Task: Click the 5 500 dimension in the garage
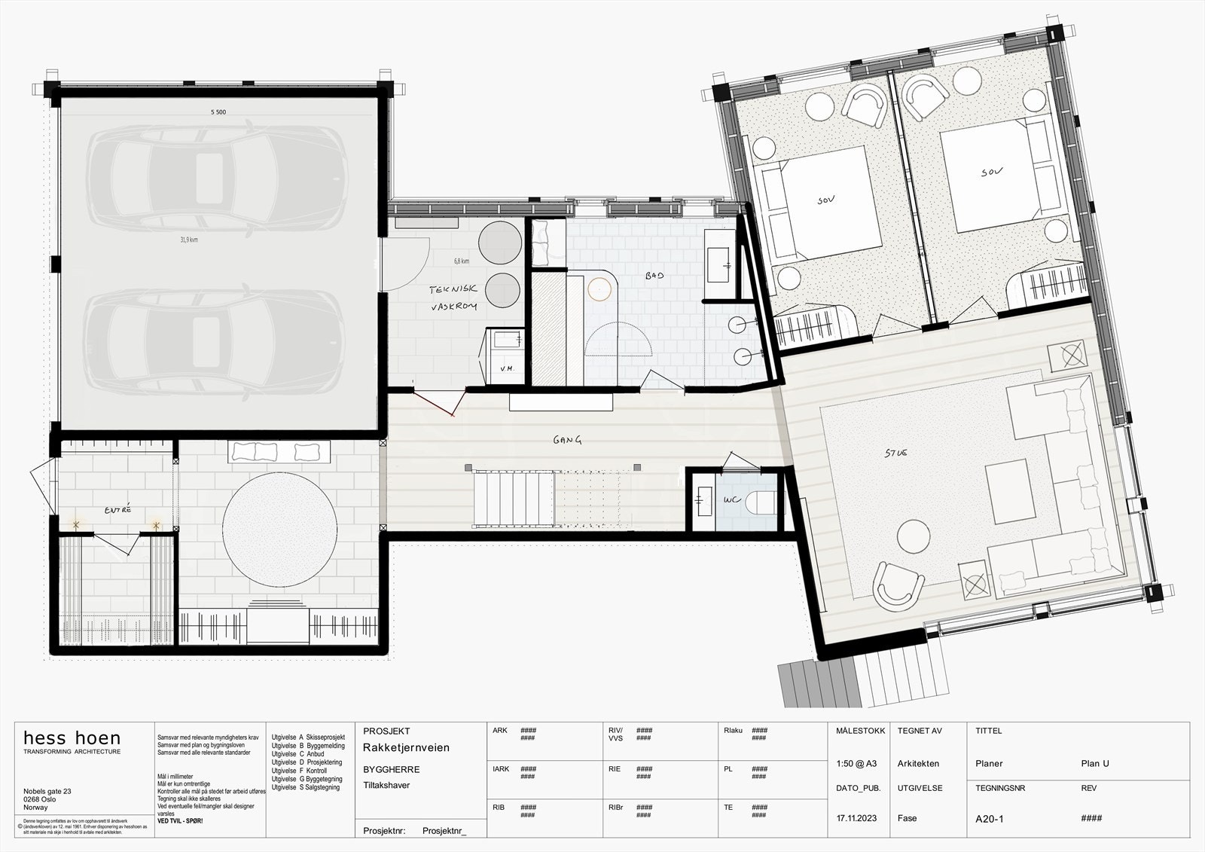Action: (x=218, y=111)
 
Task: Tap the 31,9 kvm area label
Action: (x=188, y=240)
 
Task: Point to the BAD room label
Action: (x=654, y=276)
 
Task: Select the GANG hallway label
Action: (x=568, y=441)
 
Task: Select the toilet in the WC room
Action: (x=764, y=501)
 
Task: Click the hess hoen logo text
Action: (x=72, y=738)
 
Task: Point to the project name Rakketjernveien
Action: (x=406, y=747)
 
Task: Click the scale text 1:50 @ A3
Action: (x=856, y=763)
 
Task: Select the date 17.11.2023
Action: (x=857, y=818)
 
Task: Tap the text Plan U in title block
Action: (x=1094, y=763)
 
